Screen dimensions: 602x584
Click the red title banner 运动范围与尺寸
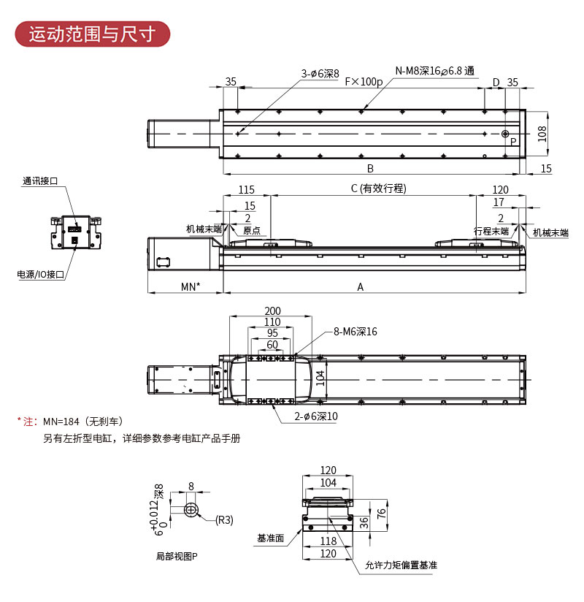pos(92,34)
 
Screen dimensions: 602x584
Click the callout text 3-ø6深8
pos(320,73)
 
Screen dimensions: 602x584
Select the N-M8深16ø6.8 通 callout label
pos(435,71)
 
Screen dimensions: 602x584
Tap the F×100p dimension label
pos(364,82)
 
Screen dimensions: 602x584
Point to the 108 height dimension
pos(542,133)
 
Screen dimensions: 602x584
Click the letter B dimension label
pos(370,168)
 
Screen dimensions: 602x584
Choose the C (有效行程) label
pos(377,188)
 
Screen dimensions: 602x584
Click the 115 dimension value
pos(246,188)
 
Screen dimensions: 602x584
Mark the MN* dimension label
pos(191,287)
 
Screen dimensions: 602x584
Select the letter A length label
pos(360,287)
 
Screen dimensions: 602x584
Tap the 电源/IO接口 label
pos(41,275)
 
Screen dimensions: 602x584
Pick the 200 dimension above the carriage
pos(272,311)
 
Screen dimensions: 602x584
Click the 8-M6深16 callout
pos(356,332)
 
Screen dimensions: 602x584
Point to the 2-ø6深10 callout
pos(316,416)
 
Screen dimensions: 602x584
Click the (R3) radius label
pos(224,520)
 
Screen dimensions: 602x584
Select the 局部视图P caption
pos(177,556)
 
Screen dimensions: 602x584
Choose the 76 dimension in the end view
pos(380,514)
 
